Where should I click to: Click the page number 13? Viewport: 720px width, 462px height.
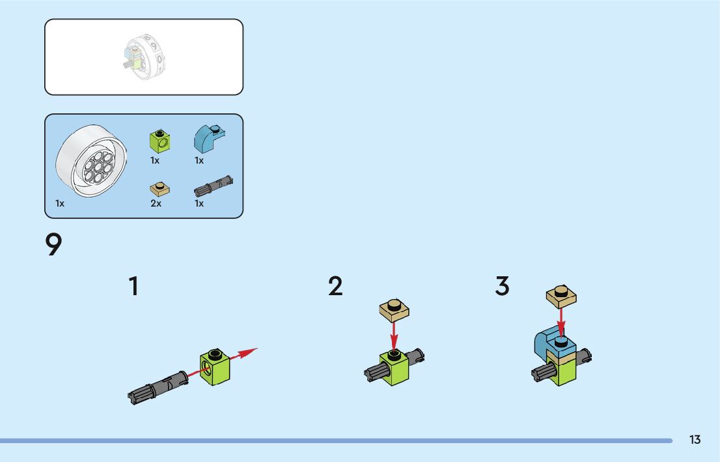coord(695,440)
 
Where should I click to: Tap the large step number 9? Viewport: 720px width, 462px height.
coord(53,245)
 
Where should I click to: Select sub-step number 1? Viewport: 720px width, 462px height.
coord(133,287)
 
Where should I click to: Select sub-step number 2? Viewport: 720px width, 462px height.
coord(335,287)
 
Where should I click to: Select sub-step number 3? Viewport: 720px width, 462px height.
coord(502,286)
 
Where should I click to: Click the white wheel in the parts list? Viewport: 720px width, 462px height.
coord(90,161)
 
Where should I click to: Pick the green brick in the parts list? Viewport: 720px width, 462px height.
coord(159,140)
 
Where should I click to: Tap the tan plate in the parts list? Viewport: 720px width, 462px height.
coord(159,188)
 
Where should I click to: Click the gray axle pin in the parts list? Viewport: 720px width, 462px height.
coord(214,187)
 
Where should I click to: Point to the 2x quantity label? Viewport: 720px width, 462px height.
coord(156,203)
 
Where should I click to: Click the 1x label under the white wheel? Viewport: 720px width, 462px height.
coord(60,203)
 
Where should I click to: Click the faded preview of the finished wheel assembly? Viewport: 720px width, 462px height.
coord(144,57)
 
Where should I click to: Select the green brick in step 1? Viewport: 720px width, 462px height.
coord(215,366)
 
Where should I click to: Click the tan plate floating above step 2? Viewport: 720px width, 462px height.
coord(394,310)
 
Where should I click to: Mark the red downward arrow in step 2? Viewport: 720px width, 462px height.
coord(393,336)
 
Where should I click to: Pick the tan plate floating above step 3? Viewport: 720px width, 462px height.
coord(562,296)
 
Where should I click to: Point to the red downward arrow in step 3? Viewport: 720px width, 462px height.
coord(561,323)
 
